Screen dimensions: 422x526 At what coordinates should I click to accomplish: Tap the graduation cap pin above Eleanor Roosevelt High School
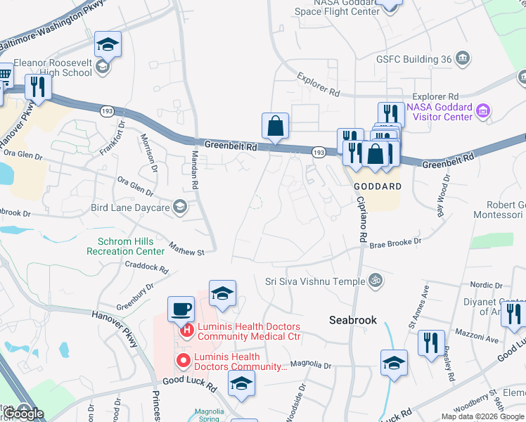tap(108, 44)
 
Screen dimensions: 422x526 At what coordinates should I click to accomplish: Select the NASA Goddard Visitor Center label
tap(439, 111)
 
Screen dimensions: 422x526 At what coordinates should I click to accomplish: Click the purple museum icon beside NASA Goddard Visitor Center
tap(483, 111)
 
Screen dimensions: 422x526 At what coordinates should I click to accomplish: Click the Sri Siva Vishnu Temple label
tap(315, 281)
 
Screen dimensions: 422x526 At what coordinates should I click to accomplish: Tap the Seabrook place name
tap(353, 320)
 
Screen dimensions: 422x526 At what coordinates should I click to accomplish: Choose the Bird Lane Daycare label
tap(130, 207)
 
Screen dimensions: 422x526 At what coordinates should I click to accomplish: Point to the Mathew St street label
tap(186, 250)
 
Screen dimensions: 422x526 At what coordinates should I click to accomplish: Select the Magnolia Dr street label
tap(310, 365)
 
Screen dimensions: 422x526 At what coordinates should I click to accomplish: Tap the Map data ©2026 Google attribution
tap(482, 416)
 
